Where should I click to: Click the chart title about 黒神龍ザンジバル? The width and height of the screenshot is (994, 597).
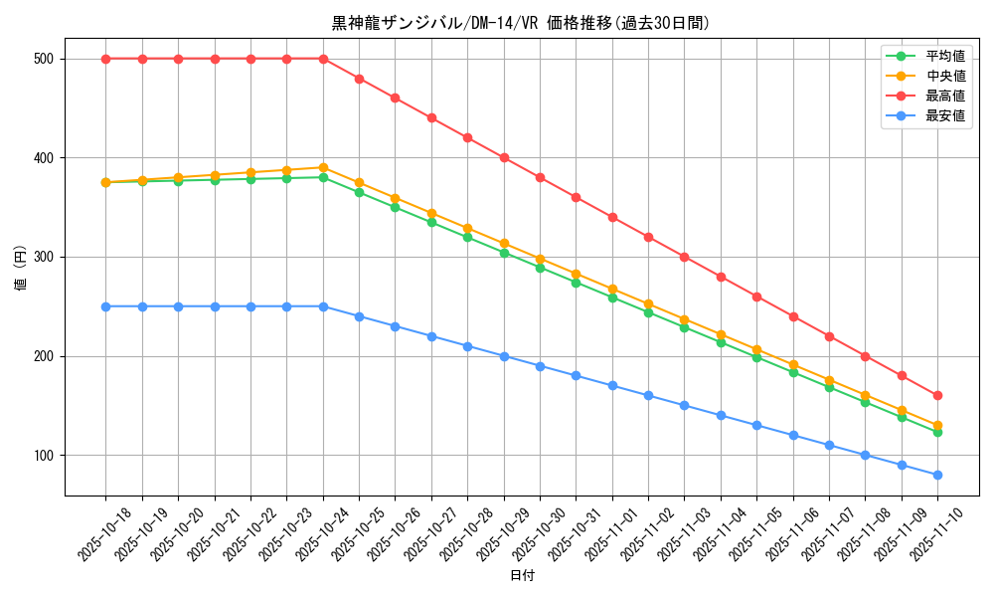[x=521, y=23]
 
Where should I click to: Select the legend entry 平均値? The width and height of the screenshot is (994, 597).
[x=945, y=56]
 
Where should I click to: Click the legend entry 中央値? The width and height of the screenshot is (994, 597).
[x=945, y=76]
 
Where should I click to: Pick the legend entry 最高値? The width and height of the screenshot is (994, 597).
[x=945, y=96]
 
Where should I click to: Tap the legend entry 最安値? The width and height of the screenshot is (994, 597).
[x=945, y=115]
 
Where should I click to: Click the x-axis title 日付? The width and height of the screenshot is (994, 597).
[x=522, y=576]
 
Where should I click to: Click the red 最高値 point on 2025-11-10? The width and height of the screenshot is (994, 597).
[x=937, y=396]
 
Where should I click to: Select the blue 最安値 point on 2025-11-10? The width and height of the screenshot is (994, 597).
[x=937, y=475]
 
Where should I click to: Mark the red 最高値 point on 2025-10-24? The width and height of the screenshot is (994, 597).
[x=323, y=59]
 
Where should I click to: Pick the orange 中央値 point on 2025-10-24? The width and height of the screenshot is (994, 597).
[x=323, y=167]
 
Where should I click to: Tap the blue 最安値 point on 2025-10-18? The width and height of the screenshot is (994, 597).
[x=105, y=306]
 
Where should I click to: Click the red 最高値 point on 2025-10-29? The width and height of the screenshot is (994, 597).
[x=504, y=157]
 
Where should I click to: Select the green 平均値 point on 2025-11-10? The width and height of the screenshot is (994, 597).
[x=937, y=432]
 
